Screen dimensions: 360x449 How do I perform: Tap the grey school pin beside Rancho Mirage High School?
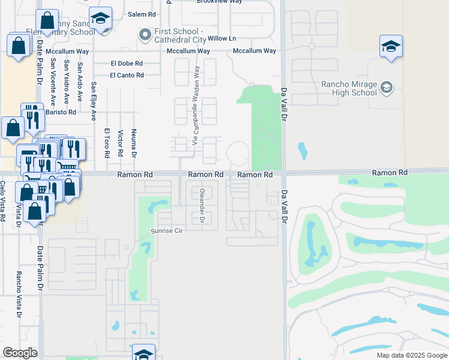click(387, 88)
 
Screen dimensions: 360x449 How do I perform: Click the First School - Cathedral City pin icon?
click(144, 35)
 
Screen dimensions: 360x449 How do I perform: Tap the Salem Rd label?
click(142, 14)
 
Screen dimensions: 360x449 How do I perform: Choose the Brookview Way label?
click(219, 2)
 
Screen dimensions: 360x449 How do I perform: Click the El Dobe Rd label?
click(127, 63)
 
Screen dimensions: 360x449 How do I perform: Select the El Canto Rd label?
click(127, 75)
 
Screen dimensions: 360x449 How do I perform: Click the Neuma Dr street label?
click(134, 142)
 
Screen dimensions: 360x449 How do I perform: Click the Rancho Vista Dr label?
click(19, 295)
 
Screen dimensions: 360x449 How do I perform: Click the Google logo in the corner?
click(20, 352)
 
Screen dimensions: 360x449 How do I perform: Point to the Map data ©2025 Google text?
click(412, 355)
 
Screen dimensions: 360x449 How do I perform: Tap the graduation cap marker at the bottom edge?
click(143, 353)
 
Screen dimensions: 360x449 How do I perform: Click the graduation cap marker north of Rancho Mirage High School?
click(390, 46)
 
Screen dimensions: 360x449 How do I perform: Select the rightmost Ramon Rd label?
click(390, 172)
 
